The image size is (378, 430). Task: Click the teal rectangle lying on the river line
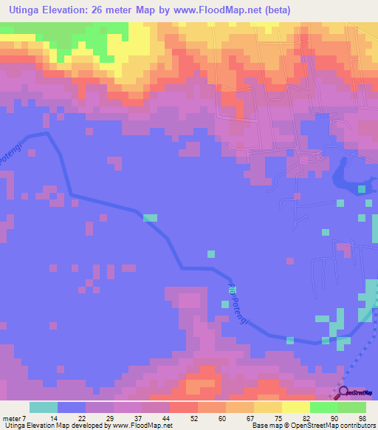coord(150,217)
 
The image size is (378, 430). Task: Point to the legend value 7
coord(24,418)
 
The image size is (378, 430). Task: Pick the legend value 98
coord(362,418)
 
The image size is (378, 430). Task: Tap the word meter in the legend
coord(10,418)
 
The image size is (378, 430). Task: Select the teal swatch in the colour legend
coord(44,407)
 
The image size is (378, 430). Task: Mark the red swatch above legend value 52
coord(184,407)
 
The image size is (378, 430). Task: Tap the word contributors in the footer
coord(357,426)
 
